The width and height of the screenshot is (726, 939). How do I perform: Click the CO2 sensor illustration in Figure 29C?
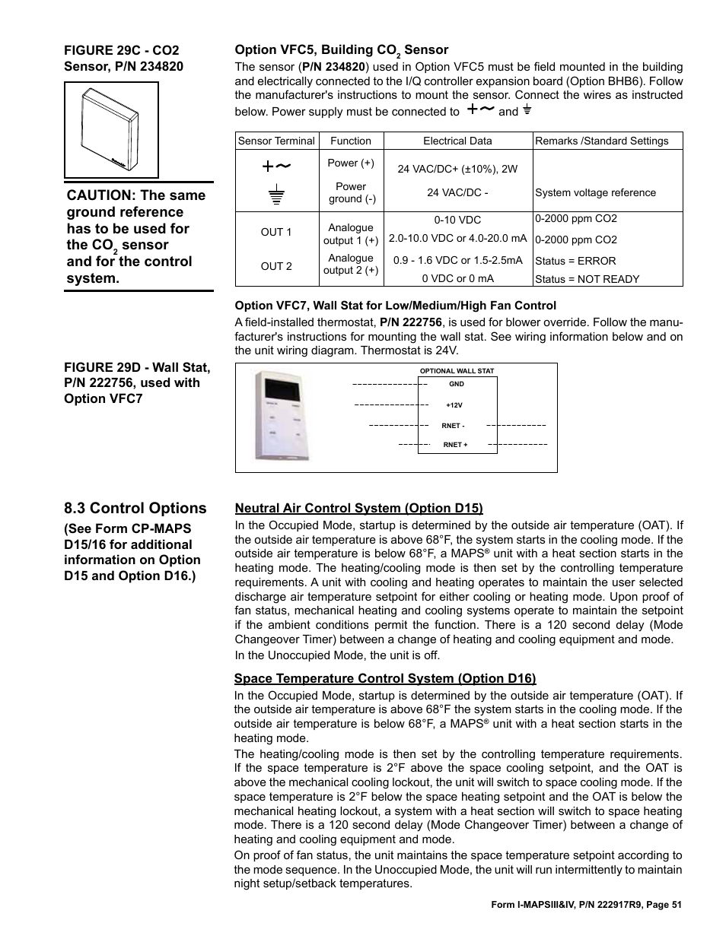(111, 129)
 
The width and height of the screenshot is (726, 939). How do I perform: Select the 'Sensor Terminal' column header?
(276, 141)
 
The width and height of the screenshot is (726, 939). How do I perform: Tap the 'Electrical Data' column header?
(457, 141)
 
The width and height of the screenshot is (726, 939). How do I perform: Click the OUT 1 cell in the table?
(276, 232)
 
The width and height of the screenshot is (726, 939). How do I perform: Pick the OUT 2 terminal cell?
(276, 266)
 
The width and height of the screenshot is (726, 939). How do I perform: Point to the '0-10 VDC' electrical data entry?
(457, 220)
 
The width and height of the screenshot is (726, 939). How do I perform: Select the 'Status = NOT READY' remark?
(587, 279)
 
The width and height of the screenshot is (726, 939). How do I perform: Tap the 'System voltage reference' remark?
(595, 192)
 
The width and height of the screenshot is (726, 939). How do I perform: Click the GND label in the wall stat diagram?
(457, 384)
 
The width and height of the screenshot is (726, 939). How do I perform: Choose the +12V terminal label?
(454, 405)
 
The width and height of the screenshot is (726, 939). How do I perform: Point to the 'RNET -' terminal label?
(454, 426)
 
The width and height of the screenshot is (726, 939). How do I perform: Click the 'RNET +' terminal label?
(455, 445)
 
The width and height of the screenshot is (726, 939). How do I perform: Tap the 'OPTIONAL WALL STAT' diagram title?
(457, 371)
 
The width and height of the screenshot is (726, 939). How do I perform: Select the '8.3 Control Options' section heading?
(135, 508)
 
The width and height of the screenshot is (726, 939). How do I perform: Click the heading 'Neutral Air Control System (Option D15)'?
(358, 508)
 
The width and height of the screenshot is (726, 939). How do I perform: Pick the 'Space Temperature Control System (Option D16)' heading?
(385, 678)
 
